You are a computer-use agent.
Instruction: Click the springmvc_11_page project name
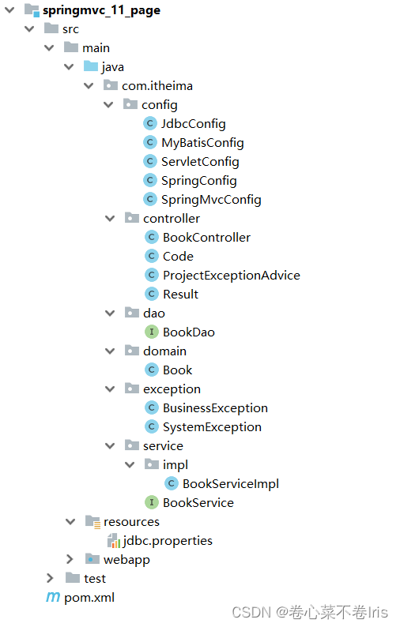tap(101, 10)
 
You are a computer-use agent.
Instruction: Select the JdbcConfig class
tap(194, 124)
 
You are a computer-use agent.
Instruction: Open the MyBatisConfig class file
tap(202, 143)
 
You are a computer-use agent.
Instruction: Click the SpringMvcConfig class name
tap(211, 200)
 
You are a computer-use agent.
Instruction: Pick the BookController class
tap(206, 238)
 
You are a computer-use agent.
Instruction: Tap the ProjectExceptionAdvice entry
tap(232, 276)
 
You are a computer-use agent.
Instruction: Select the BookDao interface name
tap(189, 332)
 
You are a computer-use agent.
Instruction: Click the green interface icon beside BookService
tap(151, 502)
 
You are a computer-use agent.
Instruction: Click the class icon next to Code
tap(151, 256)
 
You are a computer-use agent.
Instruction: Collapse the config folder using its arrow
tap(108, 105)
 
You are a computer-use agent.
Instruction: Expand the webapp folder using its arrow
tap(70, 559)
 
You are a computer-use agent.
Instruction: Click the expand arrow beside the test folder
tap(50, 578)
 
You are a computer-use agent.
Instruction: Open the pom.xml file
tap(89, 598)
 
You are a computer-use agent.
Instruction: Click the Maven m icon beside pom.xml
tap(53, 598)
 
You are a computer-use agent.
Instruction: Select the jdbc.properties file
tap(168, 541)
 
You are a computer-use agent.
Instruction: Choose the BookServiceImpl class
tap(231, 484)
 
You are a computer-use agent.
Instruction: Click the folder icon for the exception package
tap(132, 388)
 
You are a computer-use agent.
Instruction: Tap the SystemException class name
tap(212, 427)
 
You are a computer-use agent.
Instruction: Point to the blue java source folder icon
tap(91, 66)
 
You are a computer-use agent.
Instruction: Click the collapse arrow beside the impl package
tap(130, 464)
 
